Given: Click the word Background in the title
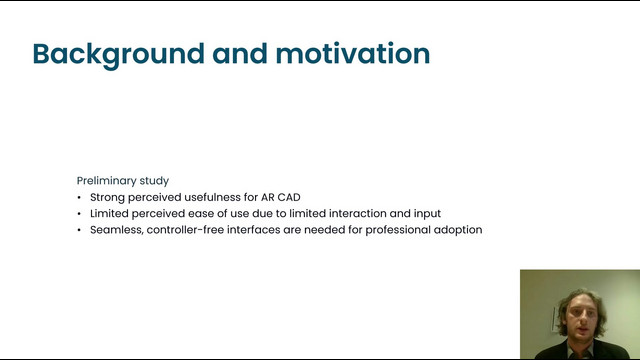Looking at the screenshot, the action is [x=118, y=54].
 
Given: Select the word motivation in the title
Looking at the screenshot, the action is [x=353, y=53].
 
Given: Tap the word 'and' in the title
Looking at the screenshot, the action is [x=240, y=53].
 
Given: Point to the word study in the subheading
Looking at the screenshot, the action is [x=154, y=181].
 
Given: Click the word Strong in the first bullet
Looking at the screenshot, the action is [x=107, y=198].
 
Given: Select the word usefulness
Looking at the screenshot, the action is [x=212, y=197].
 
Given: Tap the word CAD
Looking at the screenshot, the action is [x=289, y=197].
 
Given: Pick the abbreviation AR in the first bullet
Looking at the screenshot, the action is [x=267, y=197].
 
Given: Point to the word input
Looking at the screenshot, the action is [x=427, y=214].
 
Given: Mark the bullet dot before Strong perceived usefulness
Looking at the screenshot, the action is [x=79, y=198].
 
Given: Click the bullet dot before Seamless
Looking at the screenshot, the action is [x=79, y=230].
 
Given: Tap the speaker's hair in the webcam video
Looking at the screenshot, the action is [x=580, y=297].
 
